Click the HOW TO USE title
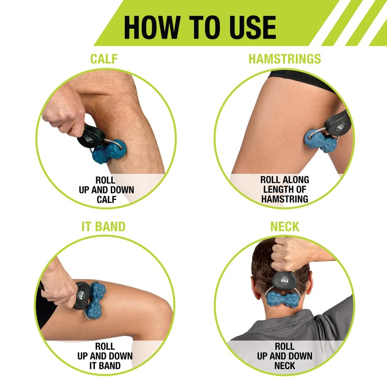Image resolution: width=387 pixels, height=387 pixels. tap(199, 27)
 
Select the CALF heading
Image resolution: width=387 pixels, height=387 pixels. tap(104, 59)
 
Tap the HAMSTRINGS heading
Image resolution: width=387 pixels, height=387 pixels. tap(284, 59)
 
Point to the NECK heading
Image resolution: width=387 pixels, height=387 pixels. tap(284, 226)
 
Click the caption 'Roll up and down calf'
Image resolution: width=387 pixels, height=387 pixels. tap(106, 189)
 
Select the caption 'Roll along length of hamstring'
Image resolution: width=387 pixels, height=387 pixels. tap(284, 189)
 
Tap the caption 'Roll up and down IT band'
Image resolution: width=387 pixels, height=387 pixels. tap(105, 356)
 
